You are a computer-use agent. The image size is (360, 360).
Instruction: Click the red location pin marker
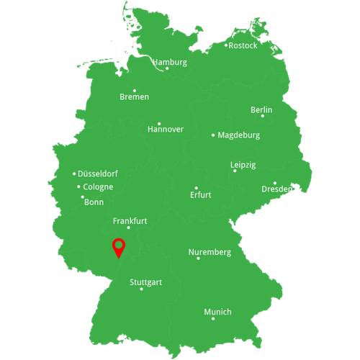(119, 247)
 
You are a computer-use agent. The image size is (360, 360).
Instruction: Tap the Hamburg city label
(169, 62)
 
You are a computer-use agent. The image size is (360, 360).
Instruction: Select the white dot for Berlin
(262, 116)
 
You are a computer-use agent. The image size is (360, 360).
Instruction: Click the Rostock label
(243, 45)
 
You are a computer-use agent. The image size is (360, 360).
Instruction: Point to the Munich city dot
(213, 318)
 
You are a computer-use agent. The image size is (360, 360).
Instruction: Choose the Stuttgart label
(145, 282)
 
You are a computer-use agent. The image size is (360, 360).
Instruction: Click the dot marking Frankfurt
(129, 228)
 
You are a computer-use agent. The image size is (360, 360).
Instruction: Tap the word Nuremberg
(210, 252)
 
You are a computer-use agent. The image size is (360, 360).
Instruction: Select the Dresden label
(277, 189)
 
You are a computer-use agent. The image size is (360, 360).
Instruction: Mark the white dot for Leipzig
(234, 171)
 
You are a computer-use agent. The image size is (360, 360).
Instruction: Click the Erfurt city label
(201, 195)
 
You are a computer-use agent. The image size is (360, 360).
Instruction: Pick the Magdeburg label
(239, 135)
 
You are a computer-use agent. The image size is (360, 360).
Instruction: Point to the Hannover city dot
(159, 123)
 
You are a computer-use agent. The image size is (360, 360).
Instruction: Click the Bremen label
(135, 96)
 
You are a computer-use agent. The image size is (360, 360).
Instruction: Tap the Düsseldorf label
(98, 174)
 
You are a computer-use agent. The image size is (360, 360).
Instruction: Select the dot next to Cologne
(78, 187)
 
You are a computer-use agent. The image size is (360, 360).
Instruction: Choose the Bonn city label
(94, 202)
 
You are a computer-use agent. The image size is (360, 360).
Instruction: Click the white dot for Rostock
(225, 45)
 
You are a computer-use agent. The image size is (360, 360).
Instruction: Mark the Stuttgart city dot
(141, 289)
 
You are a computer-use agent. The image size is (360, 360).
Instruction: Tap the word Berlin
(261, 109)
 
